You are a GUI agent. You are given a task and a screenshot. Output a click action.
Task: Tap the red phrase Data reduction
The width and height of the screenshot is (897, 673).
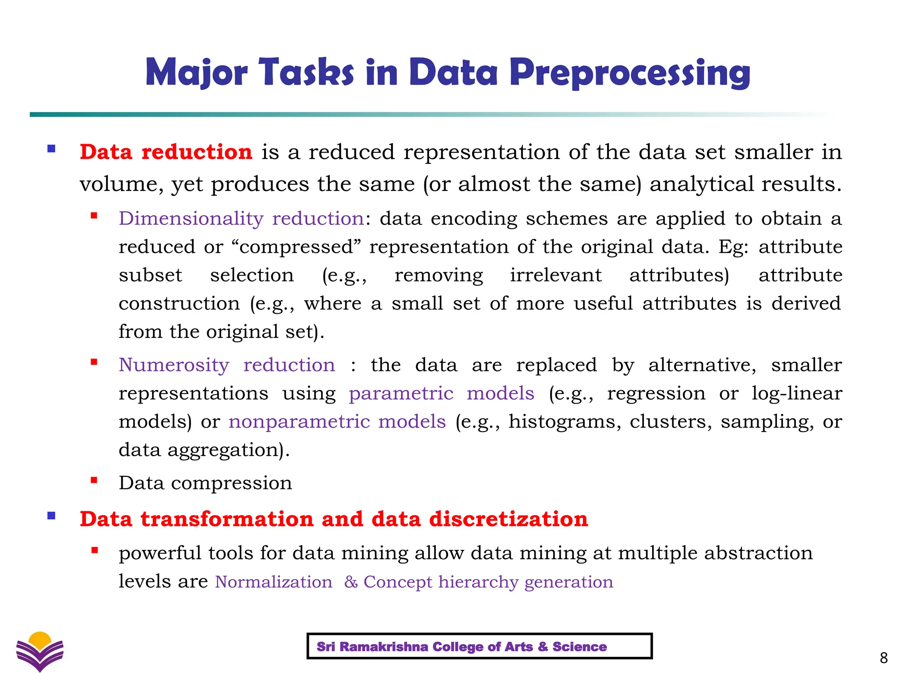coord(166,152)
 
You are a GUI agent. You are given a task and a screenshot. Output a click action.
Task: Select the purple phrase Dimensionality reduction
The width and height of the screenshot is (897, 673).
coord(241,218)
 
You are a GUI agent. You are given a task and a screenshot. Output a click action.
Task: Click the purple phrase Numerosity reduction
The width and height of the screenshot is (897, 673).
coord(226,365)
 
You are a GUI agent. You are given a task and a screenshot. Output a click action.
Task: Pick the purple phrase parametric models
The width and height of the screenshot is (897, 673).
coord(441,393)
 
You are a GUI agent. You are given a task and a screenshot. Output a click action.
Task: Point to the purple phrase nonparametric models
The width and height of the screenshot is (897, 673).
coord(337,422)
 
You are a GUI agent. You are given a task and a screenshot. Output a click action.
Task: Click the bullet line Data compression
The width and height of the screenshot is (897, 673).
coord(205,483)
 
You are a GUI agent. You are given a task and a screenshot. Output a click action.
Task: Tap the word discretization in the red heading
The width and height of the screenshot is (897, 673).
coord(508,519)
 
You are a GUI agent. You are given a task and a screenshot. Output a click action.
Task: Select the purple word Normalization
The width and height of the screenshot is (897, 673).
coord(273,582)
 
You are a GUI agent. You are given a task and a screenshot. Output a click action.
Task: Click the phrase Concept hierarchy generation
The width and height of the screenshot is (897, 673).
coord(488,582)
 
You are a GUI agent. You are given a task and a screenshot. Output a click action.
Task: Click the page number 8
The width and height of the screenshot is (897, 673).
coord(883,658)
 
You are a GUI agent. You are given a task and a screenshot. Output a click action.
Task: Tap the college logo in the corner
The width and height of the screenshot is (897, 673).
coord(40,651)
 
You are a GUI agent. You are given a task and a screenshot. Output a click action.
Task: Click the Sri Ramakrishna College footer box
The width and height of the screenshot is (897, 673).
coord(479,646)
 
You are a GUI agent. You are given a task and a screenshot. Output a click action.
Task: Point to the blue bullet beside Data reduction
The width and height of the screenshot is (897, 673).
coord(51,149)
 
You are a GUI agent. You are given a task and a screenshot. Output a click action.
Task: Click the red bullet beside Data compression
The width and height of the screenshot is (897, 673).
coord(94,480)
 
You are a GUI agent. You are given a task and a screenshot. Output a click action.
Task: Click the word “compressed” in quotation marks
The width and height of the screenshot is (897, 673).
coord(297,247)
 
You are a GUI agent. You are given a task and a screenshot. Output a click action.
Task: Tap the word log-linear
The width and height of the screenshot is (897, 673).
coord(796,393)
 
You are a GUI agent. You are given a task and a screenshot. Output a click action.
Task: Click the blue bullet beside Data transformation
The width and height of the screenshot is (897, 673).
coord(51,516)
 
